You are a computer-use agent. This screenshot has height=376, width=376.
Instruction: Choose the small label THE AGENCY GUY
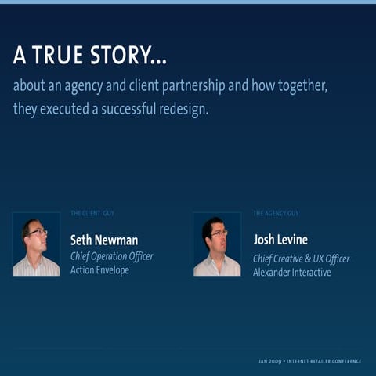[x=276, y=213]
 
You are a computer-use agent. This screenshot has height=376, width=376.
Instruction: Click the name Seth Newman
[x=104, y=240]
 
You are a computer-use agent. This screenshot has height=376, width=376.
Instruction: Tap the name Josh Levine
[x=280, y=240]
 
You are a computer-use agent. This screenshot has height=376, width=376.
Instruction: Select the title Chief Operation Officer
[x=112, y=257]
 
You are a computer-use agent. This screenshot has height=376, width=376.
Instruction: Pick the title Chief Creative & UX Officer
[x=301, y=258]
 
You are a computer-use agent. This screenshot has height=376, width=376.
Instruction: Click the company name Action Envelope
[x=100, y=270]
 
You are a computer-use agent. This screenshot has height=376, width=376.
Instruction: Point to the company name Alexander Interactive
[x=291, y=272]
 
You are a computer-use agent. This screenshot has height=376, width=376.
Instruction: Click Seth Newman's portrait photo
[x=36, y=244]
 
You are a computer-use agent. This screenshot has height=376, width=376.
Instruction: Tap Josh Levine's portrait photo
[x=217, y=244]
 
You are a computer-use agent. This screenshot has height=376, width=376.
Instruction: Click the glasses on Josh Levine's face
[x=219, y=233]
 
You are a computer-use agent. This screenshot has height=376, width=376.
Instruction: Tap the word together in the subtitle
[x=299, y=85]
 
